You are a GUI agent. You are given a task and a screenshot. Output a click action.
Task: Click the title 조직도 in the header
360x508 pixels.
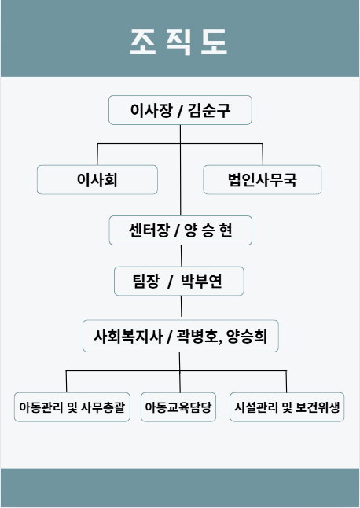point(178,42)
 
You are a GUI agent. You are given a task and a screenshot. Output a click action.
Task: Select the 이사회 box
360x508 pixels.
point(97,180)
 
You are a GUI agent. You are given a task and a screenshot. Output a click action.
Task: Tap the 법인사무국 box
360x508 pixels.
point(263,180)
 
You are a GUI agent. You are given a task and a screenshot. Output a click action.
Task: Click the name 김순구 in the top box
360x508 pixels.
point(209,110)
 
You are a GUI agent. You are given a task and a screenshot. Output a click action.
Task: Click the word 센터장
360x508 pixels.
point(149,230)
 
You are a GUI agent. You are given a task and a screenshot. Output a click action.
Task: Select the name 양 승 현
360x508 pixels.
point(208,230)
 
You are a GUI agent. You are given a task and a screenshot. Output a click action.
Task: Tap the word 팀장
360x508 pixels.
point(146,281)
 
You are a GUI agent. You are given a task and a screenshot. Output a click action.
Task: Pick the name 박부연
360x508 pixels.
point(201,281)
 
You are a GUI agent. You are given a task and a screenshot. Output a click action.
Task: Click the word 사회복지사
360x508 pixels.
point(128,336)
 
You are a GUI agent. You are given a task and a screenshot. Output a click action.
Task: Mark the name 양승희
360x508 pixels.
point(247,336)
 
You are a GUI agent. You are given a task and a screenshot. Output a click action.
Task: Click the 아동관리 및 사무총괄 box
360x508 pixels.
point(72,407)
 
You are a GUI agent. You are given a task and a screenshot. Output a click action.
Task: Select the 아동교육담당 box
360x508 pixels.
point(178,407)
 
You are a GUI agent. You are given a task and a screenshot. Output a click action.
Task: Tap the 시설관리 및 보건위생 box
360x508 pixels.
point(287,407)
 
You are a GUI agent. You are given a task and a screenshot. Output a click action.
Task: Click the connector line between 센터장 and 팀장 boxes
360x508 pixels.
point(182,256)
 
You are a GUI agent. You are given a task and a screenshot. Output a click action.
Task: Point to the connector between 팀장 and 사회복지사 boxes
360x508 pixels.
point(182,307)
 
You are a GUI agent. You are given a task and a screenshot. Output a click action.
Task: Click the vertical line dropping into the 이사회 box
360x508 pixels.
point(97,154)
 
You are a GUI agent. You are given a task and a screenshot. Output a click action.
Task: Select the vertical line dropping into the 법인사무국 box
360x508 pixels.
point(263,154)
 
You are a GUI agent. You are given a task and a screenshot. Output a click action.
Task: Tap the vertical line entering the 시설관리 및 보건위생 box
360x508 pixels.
point(286,381)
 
